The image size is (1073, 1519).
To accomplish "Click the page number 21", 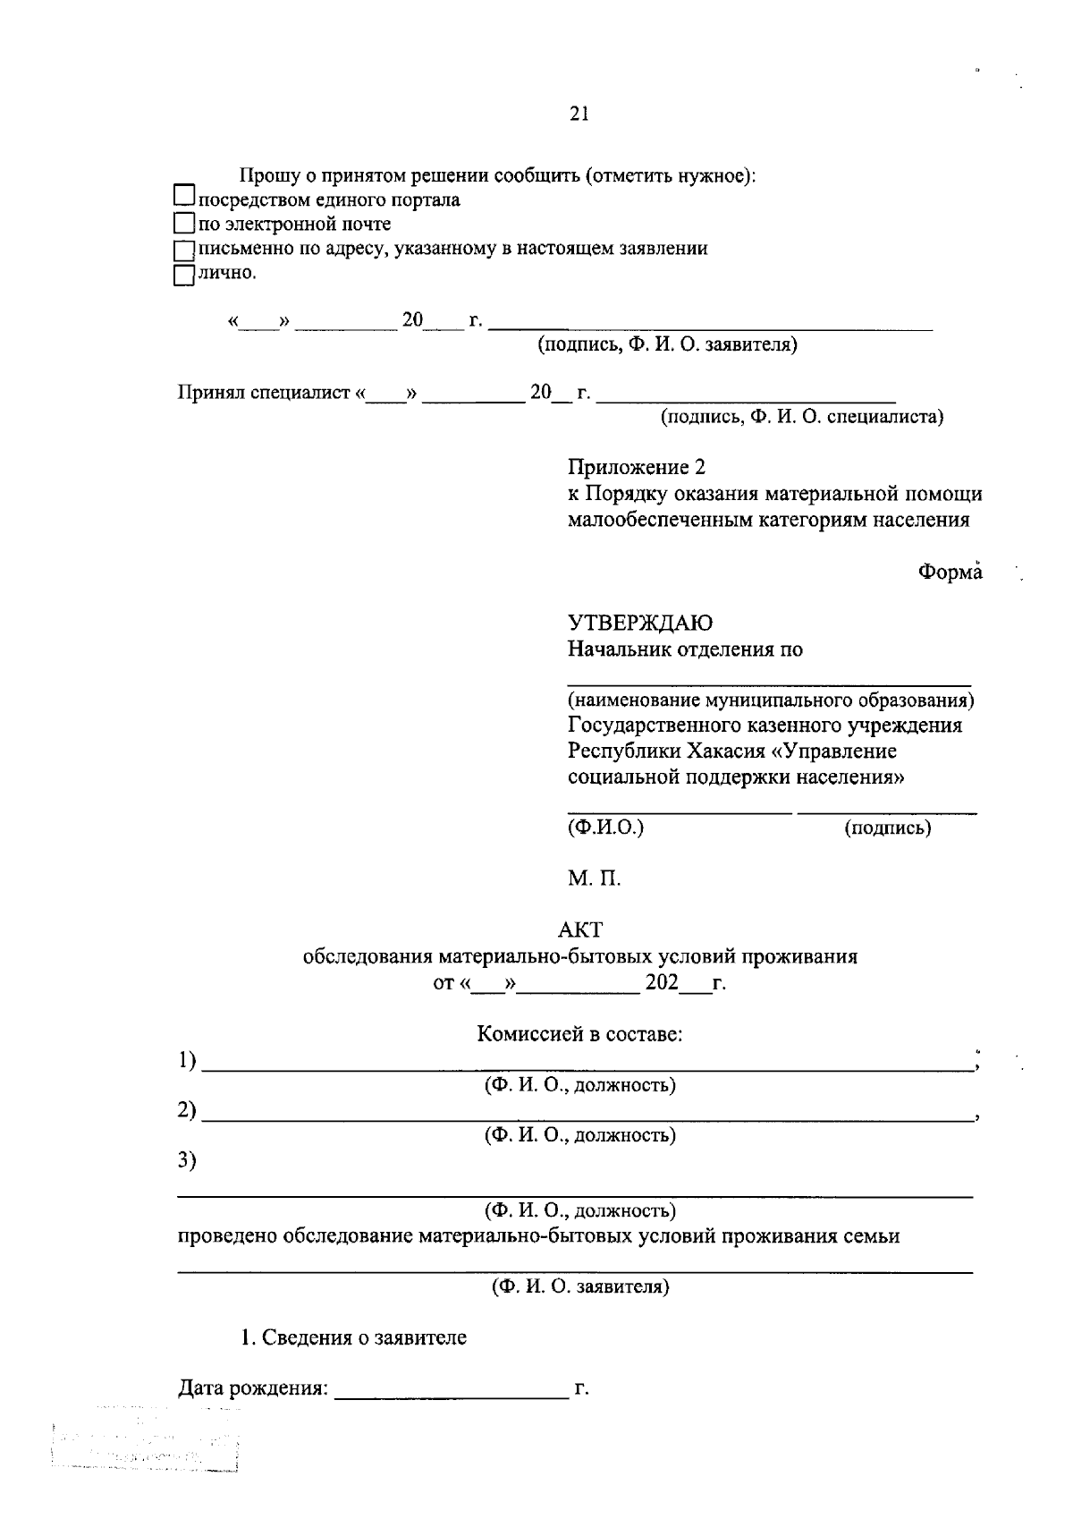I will (x=579, y=114).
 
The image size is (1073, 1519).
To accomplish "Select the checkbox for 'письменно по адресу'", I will (x=183, y=249).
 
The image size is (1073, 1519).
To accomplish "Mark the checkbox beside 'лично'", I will (x=183, y=274).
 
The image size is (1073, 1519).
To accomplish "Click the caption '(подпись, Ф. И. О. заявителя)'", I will (x=667, y=345).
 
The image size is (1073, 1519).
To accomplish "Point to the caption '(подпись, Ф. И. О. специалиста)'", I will (x=802, y=417).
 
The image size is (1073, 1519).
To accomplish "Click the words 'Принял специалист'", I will (x=264, y=394).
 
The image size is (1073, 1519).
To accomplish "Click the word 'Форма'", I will (x=950, y=573).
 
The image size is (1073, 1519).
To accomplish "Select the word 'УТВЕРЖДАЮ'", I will (x=640, y=624).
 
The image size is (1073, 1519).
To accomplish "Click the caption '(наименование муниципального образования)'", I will (x=771, y=700).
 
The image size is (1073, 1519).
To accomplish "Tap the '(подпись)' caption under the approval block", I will (x=888, y=828).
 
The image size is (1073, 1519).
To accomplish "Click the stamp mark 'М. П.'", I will (x=594, y=878).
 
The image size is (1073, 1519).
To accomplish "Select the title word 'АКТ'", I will (x=580, y=930).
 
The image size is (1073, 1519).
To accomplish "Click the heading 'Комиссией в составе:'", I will (x=580, y=1035).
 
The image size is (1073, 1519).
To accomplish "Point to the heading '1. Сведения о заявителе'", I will (x=354, y=1338).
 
